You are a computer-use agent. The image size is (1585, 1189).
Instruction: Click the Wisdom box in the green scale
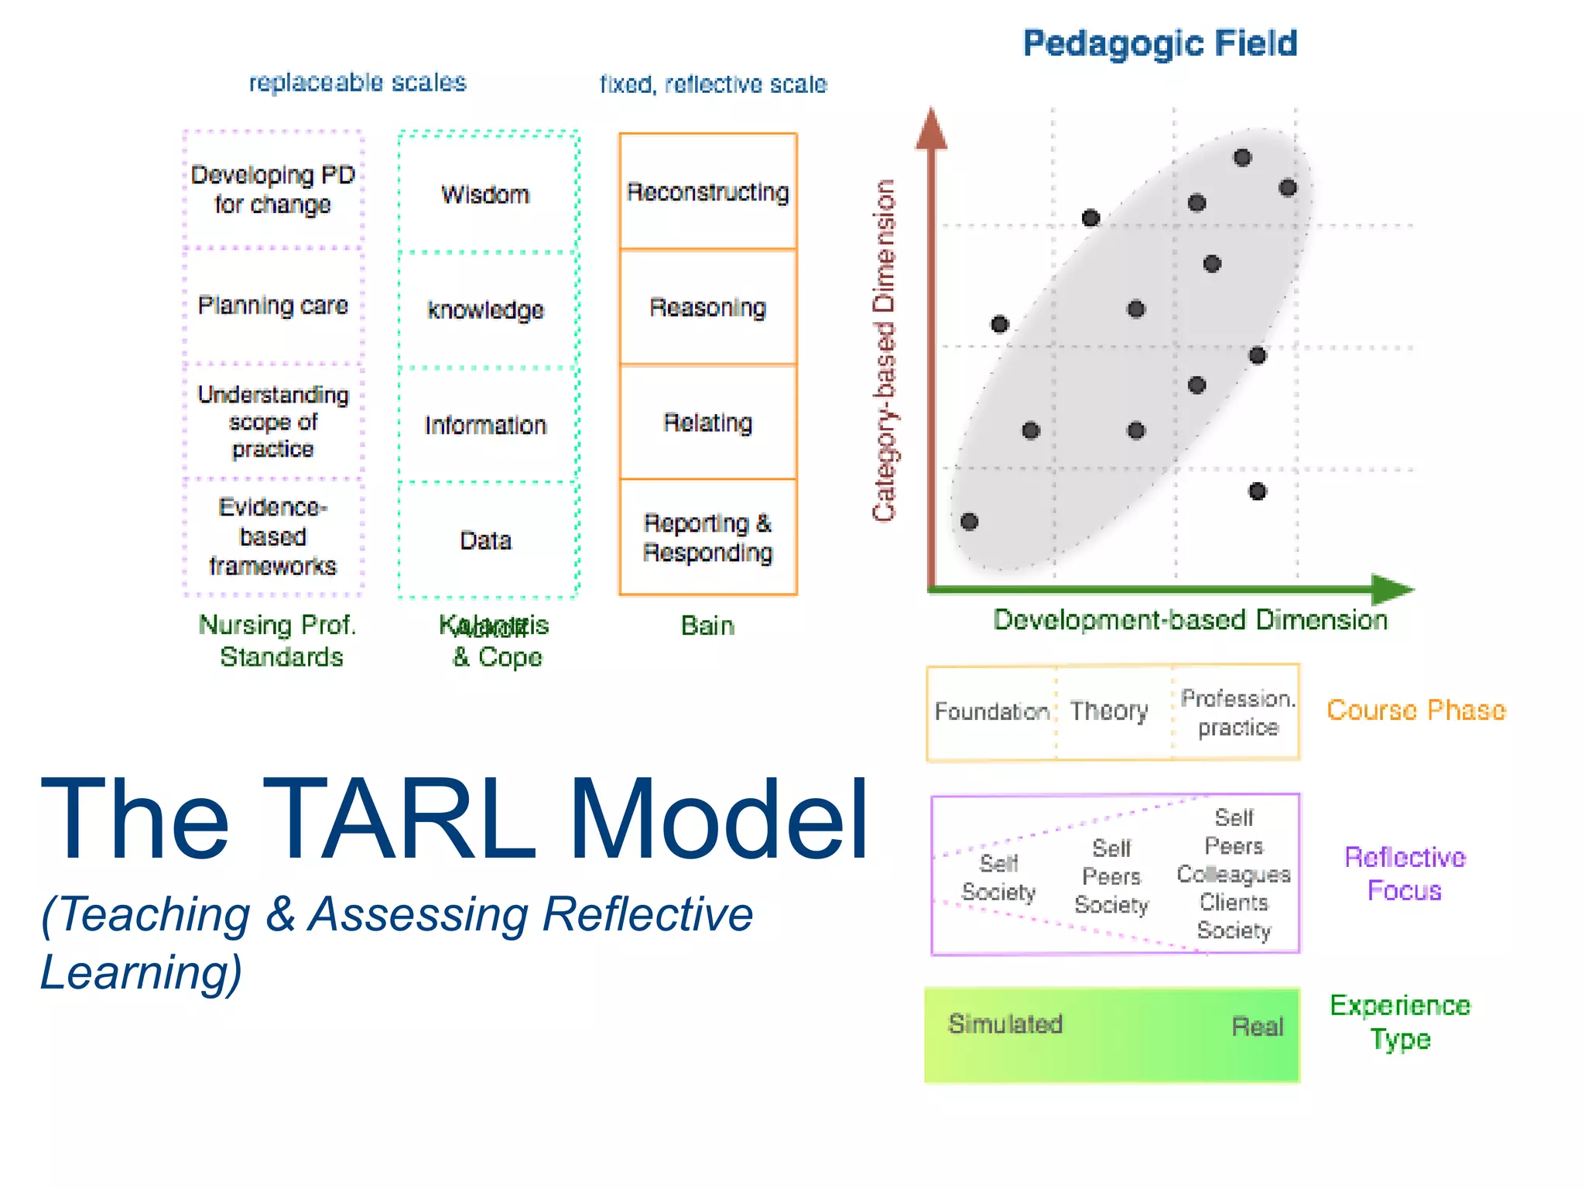click(x=486, y=194)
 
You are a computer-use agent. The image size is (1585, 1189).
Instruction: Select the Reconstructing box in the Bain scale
click(x=707, y=191)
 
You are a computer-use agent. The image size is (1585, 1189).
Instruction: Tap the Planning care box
click(x=272, y=305)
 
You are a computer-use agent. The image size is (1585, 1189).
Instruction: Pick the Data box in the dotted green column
click(x=486, y=540)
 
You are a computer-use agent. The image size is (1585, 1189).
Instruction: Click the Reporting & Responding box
click(x=707, y=537)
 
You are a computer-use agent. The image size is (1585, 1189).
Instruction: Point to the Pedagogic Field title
click(x=1159, y=43)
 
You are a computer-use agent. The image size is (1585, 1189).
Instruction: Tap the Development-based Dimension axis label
click(x=1190, y=620)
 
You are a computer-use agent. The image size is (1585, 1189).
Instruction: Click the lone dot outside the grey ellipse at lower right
click(x=1258, y=491)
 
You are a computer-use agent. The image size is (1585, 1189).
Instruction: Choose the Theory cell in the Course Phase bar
click(x=1109, y=711)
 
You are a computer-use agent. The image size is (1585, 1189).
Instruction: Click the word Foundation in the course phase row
click(x=991, y=711)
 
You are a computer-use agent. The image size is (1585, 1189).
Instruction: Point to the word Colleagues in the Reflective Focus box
click(x=1234, y=874)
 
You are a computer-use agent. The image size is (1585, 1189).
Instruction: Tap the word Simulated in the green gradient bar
click(x=1005, y=1024)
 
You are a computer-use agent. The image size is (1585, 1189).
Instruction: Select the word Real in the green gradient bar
click(x=1257, y=1026)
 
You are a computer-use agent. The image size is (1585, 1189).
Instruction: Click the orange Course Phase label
click(x=1416, y=710)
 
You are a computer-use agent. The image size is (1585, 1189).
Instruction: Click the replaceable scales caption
click(x=358, y=82)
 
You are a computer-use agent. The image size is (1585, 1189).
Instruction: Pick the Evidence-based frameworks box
click(x=272, y=536)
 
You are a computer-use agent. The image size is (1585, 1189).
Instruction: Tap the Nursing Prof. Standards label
click(x=279, y=640)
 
